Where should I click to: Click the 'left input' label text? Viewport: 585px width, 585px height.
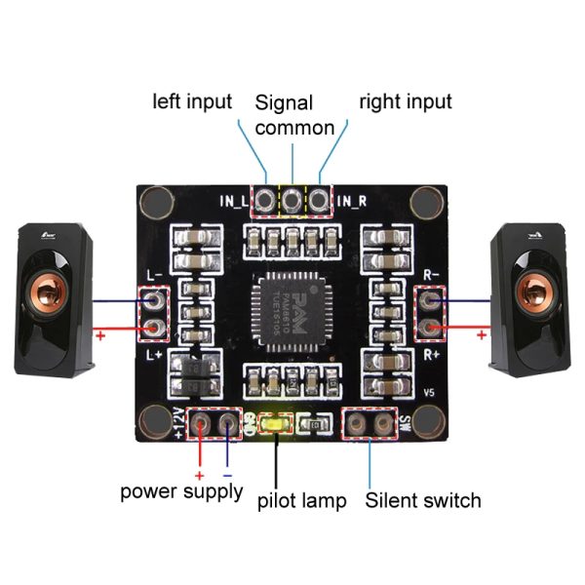click(x=192, y=101)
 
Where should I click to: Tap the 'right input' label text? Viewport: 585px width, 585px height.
click(x=406, y=101)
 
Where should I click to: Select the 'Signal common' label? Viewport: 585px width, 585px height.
click(x=294, y=115)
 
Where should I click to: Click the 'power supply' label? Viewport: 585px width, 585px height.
click(x=181, y=490)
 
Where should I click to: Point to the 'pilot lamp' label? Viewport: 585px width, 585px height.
click(x=301, y=501)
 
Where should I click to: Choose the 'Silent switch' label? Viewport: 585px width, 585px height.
click(x=423, y=500)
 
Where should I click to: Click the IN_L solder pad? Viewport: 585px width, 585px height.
click(x=264, y=201)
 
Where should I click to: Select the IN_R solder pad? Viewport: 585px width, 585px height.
click(x=319, y=201)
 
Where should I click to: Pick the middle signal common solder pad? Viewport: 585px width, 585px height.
click(x=292, y=201)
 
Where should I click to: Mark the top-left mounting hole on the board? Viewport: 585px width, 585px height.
click(x=153, y=203)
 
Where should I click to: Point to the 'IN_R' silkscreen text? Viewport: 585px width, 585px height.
click(x=353, y=203)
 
